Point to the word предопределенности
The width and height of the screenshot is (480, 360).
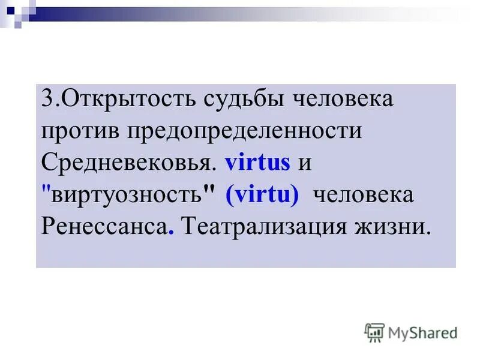pos(242,131)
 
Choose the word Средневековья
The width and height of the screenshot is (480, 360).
pos(128,163)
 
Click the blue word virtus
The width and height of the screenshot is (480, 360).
pos(257,163)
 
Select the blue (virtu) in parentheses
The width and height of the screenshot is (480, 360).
pos(262,196)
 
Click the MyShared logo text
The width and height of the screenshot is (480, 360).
pos(422,332)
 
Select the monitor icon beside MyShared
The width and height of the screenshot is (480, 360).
pos(374,332)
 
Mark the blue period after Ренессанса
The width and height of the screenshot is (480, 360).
pos(171,234)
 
